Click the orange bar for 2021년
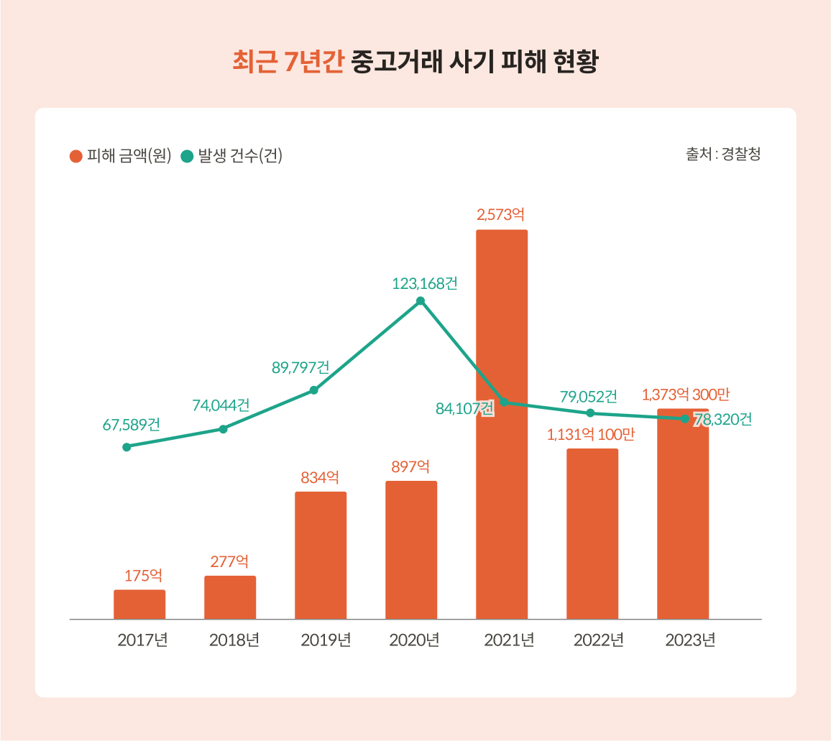pos(502,424)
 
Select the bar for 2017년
pos(139,604)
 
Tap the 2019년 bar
pos(321,555)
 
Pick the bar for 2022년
pos(592,533)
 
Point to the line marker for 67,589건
pos(127,447)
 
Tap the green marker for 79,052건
pos(590,413)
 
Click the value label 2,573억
pos(501,214)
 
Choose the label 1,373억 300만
pos(686,395)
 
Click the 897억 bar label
pos(410,466)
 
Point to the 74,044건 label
pos(221,405)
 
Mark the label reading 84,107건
pos(464,409)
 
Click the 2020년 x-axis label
pos(414,640)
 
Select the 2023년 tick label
pos(690,640)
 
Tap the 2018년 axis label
pos(234,640)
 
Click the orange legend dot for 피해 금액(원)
pos(75,156)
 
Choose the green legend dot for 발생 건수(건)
pos(187,156)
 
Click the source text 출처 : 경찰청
pos(723,155)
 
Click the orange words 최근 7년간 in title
pos(288,63)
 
